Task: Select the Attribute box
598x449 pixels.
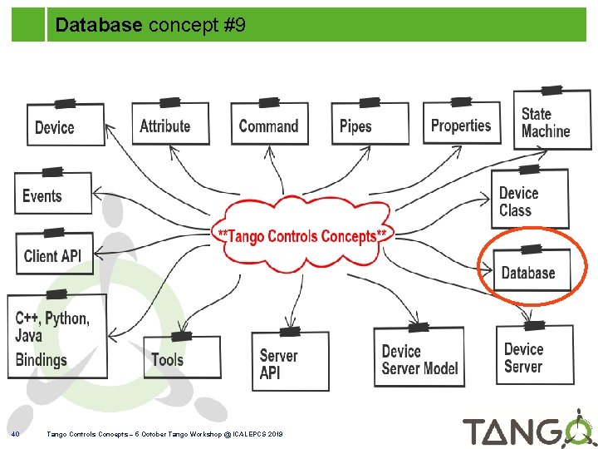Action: pyautogui.click(x=169, y=125)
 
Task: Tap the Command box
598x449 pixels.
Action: pyautogui.click(x=268, y=125)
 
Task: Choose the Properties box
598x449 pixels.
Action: pyautogui.click(x=461, y=124)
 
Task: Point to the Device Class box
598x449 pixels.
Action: pyautogui.click(x=529, y=200)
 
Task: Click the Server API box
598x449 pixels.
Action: pyautogui.click(x=289, y=363)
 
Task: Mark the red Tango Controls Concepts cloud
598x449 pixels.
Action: pyautogui.click(x=302, y=235)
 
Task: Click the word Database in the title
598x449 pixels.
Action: pyautogui.click(x=99, y=26)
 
